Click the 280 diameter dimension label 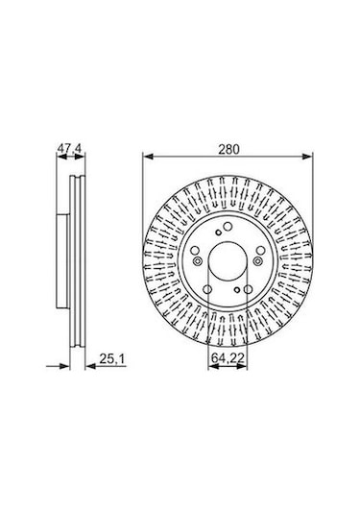click(x=227, y=149)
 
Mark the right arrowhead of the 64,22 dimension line click(x=249, y=363)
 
